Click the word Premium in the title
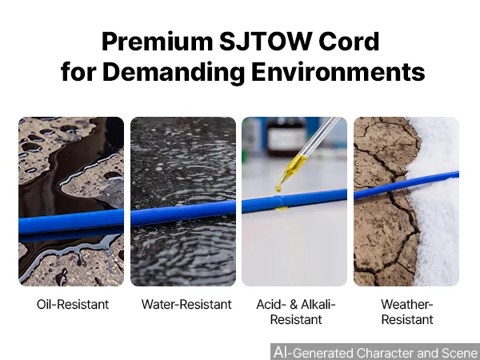(158, 42)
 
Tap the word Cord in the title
(349, 41)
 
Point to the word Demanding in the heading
(174, 72)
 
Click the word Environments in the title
(338, 72)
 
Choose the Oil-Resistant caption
(73, 304)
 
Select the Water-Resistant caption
(186, 304)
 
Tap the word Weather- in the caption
(407, 304)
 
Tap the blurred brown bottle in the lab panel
(286, 137)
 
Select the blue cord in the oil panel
(71, 222)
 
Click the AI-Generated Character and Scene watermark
(375, 352)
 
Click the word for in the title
(78, 72)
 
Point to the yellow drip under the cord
(282, 209)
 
